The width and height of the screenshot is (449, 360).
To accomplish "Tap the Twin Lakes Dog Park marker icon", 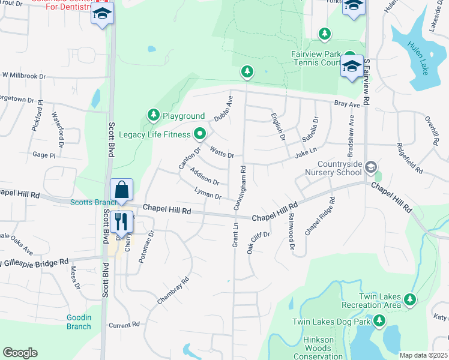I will pyautogui.click(x=379, y=322).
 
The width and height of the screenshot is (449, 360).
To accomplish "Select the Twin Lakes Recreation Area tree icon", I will pyautogui.click(x=410, y=298).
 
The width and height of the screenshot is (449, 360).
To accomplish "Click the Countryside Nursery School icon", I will pyautogui.click(x=371, y=166).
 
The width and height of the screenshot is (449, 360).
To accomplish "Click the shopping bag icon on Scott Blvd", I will pyautogui.click(x=122, y=190).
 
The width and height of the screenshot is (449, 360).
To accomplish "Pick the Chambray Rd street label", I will pyautogui.click(x=173, y=289).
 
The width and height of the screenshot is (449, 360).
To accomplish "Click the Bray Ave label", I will pyautogui.click(x=346, y=104).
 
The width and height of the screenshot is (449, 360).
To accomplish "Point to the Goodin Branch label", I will pyautogui.click(x=79, y=322).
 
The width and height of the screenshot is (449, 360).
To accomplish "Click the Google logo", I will pyautogui.click(x=20, y=353).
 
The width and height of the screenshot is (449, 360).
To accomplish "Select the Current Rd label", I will pyautogui.click(x=124, y=325).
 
